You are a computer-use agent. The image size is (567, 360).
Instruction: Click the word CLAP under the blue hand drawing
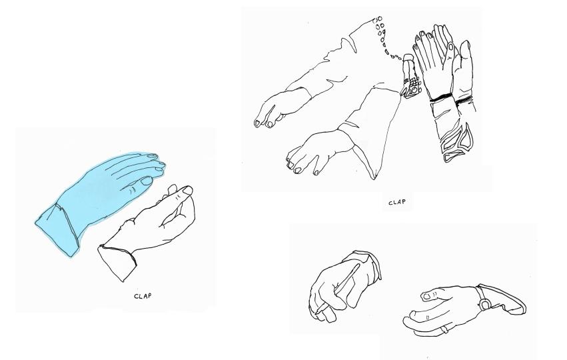click(143, 296)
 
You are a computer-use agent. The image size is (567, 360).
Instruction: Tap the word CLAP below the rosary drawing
click(397, 202)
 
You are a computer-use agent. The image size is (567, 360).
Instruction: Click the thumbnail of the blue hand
click(147, 181)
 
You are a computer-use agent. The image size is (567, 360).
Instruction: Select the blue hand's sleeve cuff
click(58, 231)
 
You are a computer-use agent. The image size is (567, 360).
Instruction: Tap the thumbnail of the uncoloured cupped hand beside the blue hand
click(188, 190)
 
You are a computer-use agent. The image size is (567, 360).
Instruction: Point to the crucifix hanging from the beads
click(411, 77)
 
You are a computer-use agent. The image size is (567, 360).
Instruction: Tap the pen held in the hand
click(338, 289)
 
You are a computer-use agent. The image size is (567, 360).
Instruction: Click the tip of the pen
click(316, 313)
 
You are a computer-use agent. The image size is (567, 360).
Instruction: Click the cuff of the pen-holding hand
click(365, 263)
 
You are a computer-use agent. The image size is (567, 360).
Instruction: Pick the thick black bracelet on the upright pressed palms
click(441, 97)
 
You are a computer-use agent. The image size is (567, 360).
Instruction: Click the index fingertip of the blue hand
click(155, 156)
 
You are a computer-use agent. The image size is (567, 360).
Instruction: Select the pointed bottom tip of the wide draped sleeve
click(374, 179)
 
